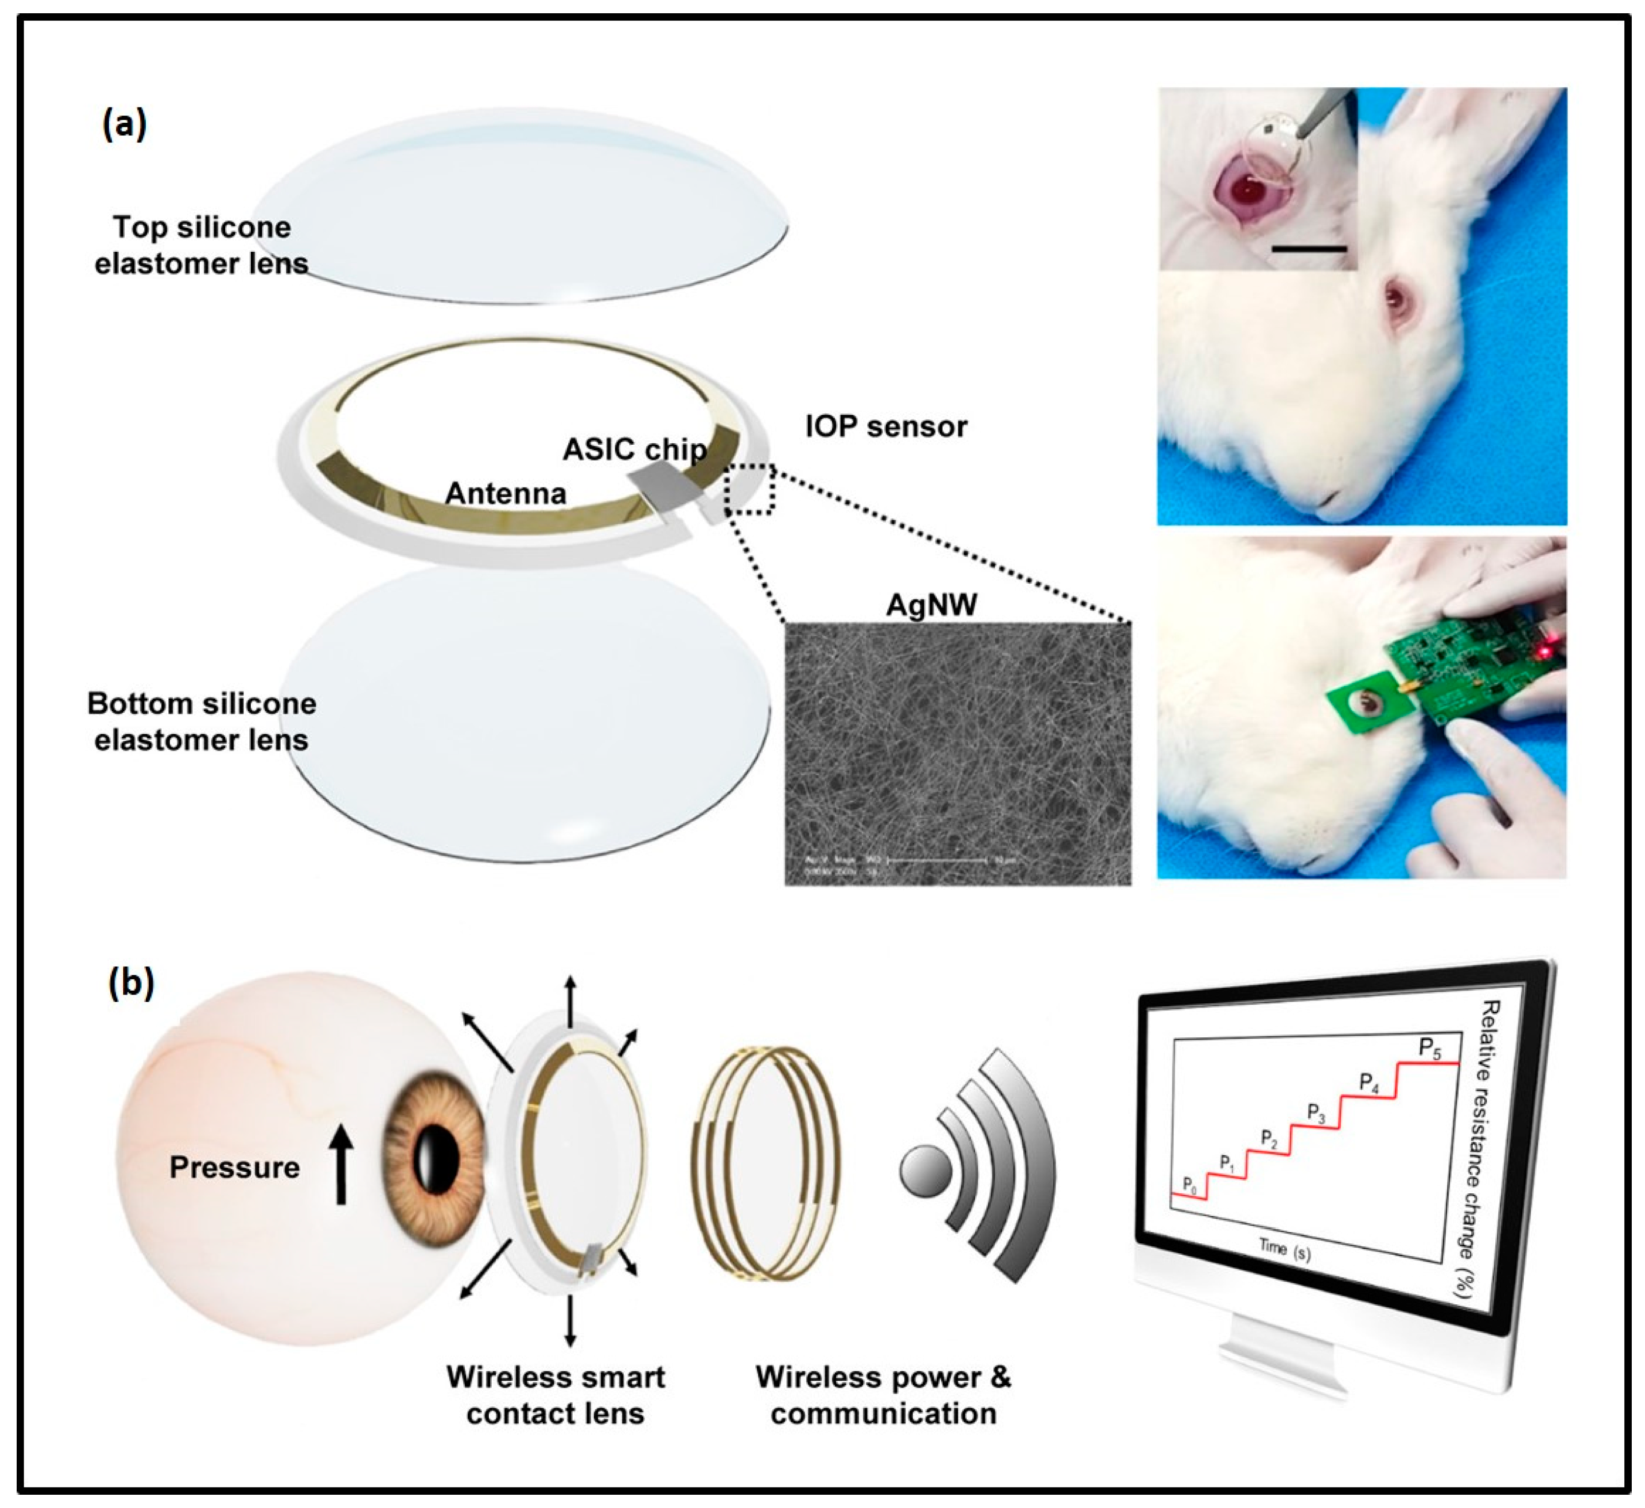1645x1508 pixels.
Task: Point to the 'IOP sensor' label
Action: [885, 426]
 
